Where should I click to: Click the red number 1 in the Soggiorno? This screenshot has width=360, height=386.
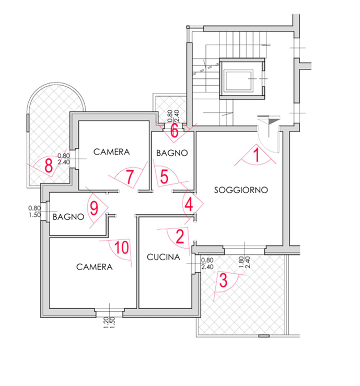coord(257,156)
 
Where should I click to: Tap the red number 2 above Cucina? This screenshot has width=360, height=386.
coord(180,236)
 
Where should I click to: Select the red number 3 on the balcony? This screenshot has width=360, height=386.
coord(223,280)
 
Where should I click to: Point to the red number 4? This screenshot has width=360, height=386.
coord(189,205)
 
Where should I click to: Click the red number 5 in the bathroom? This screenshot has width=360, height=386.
coord(164,177)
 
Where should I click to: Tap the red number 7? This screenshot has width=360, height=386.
coord(130,177)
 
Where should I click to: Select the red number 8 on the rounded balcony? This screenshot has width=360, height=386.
coord(49,166)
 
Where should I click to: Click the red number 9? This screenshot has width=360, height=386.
coord(94,208)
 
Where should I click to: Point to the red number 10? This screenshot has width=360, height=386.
coord(122,247)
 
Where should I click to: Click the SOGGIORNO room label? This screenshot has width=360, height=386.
coord(241,190)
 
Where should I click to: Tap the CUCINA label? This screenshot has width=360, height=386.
coord(163,258)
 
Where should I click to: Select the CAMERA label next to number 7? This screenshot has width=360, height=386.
coord(111,152)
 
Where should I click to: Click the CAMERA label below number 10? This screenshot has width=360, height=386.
coord(94,267)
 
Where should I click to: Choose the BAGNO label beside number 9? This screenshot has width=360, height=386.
coord(68,217)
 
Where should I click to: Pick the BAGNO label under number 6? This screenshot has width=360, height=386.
coord(172,153)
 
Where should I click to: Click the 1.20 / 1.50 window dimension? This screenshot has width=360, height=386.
coord(109,322)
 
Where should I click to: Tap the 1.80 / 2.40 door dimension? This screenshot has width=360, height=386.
coord(245,262)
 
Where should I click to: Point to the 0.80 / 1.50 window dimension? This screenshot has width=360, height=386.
coord(34,212)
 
